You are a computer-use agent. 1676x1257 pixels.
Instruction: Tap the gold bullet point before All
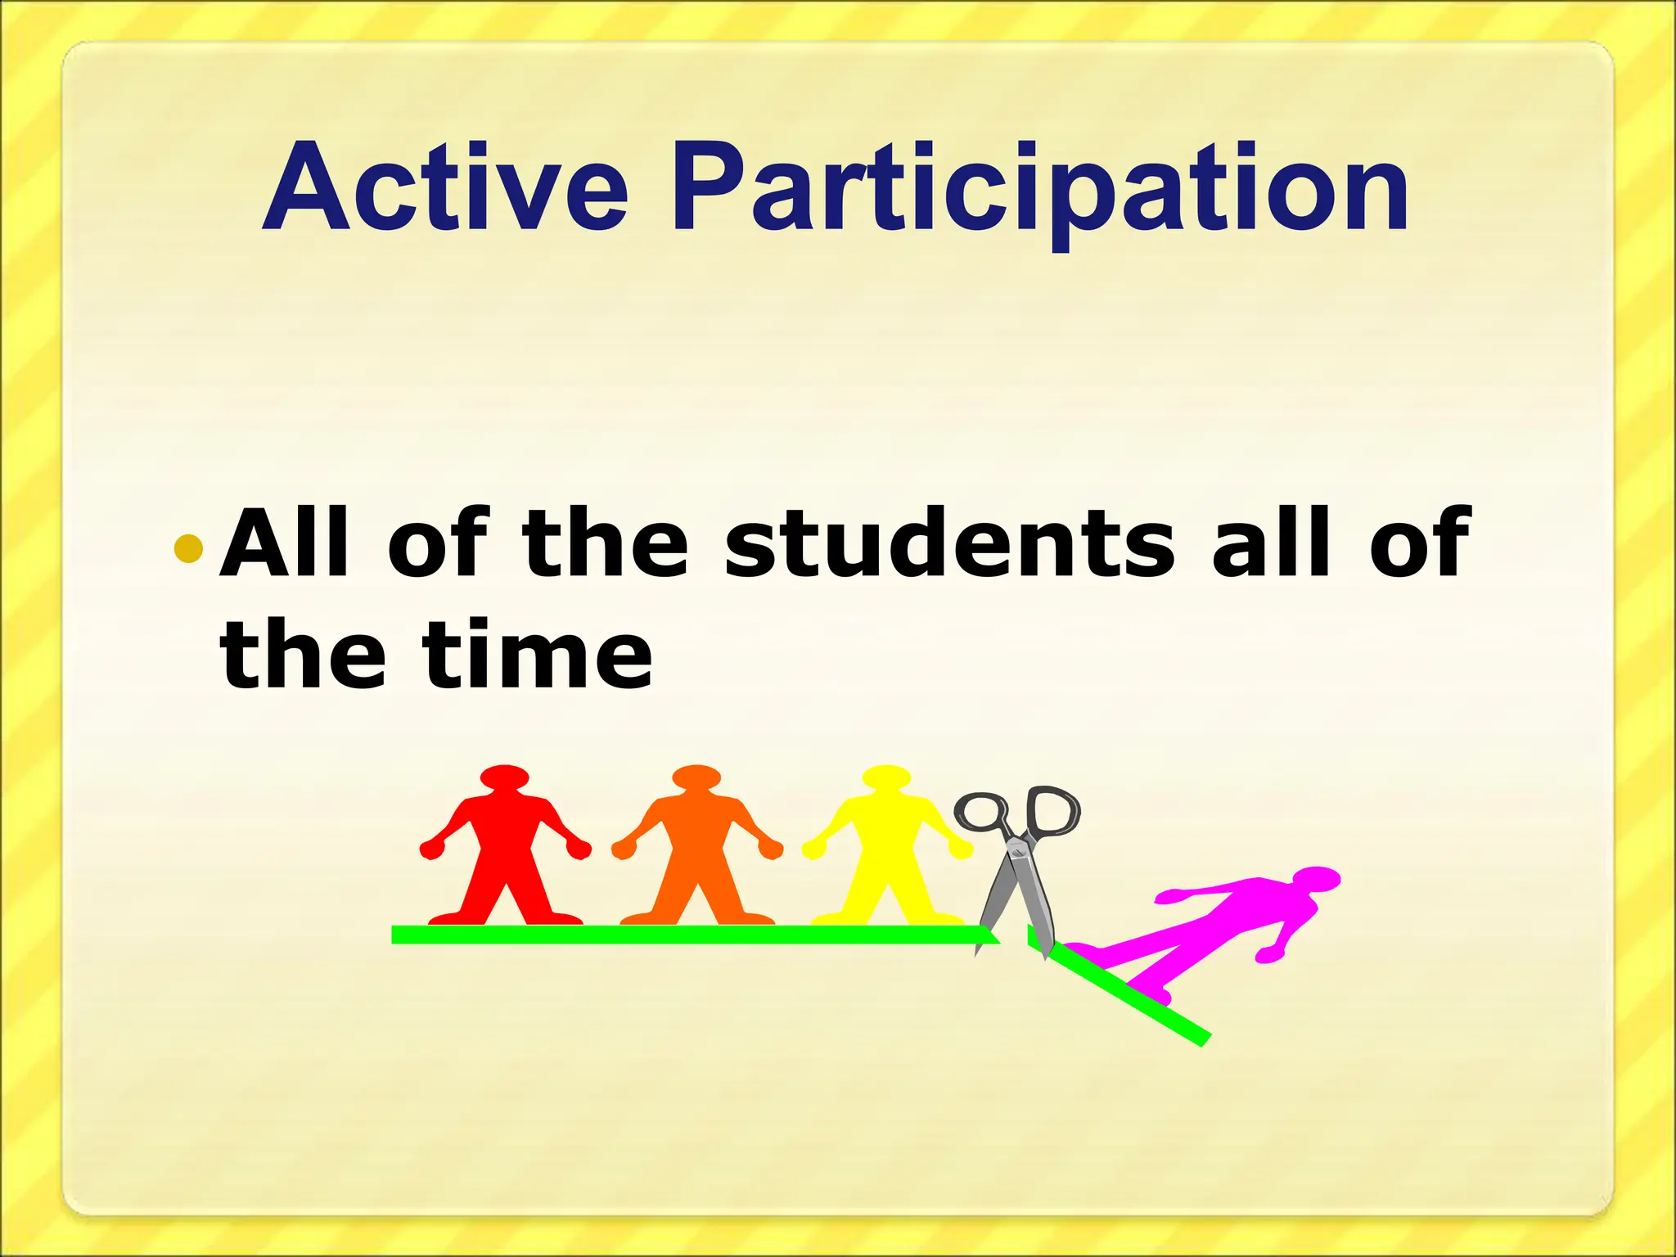click(188, 548)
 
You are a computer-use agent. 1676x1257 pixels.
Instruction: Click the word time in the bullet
click(538, 655)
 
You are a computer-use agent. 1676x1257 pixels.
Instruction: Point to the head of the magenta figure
click(1316, 879)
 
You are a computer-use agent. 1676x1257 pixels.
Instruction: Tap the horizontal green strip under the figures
click(687, 935)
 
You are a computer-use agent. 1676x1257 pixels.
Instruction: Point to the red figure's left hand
click(432, 849)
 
